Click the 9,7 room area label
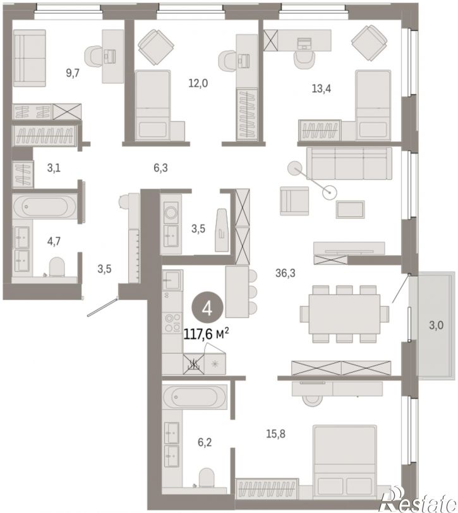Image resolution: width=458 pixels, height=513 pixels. click(x=73, y=73)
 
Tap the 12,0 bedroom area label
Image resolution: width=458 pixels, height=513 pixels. click(x=198, y=83)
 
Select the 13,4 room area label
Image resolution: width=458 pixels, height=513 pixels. click(x=321, y=89)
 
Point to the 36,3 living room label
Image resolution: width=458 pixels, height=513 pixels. click(x=285, y=273)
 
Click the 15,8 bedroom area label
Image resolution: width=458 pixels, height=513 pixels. click(x=275, y=434)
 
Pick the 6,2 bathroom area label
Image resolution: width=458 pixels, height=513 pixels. click(x=205, y=442)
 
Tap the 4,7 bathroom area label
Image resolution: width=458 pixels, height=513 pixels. click(x=54, y=241)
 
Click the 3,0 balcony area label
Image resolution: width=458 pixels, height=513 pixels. click(x=436, y=325)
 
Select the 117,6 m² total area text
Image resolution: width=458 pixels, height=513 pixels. click(x=206, y=334)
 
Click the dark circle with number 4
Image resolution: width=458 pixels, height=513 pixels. click(x=207, y=308)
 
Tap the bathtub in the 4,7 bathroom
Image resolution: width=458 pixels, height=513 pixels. click(x=45, y=206)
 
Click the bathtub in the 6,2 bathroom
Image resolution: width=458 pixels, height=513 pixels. click(x=195, y=397)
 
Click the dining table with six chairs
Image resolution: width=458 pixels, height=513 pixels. click(x=344, y=314)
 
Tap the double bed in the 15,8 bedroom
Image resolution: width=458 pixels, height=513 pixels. click(x=345, y=462)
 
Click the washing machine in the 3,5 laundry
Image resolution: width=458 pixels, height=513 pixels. click(x=171, y=213)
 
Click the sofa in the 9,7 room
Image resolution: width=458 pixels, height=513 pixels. click(x=30, y=58)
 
